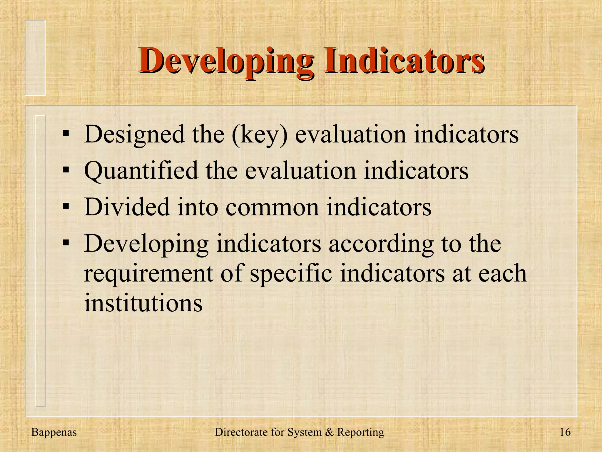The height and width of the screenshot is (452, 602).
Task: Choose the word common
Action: coord(272,207)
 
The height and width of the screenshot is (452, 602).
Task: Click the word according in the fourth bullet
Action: coord(381,244)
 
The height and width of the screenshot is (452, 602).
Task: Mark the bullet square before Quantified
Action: coord(66,170)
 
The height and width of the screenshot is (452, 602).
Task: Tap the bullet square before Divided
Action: coord(66,206)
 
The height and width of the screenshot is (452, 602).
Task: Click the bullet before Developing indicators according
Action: coord(66,243)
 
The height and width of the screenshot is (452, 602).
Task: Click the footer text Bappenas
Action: coord(54,432)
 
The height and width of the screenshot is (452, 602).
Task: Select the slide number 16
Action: coord(565,432)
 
